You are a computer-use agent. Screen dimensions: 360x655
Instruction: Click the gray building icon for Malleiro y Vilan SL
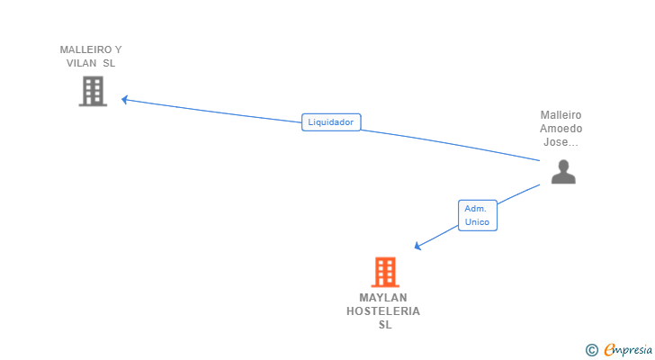pyautogui.click(x=93, y=91)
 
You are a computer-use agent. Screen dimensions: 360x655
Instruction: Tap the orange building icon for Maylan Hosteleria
pyautogui.click(x=384, y=271)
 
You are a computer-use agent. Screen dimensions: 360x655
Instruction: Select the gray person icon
pyautogui.click(x=563, y=171)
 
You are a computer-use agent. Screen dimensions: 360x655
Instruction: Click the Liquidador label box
pyautogui.click(x=330, y=122)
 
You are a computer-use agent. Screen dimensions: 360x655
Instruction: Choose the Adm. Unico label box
pyautogui.click(x=477, y=215)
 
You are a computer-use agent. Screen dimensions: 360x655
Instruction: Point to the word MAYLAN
pyautogui.click(x=383, y=298)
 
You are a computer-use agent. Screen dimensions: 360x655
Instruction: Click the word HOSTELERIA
pyautogui.click(x=383, y=311)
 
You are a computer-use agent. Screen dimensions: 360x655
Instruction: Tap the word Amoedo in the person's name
pyautogui.click(x=561, y=129)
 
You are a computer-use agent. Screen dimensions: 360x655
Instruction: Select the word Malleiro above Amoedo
pyautogui.click(x=561, y=115)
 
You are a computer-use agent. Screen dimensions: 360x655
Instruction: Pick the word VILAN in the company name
pyautogui.click(x=82, y=63)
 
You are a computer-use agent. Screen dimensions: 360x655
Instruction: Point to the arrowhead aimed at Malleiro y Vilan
pyautogui.click(x=125, y=99)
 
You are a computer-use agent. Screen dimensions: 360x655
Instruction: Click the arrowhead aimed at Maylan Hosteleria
pyautogui.click(x=417, y=247)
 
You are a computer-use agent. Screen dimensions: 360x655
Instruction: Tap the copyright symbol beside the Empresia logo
pyautogui.click(x=591, y=350)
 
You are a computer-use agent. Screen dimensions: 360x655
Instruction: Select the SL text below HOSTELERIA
pyautogui.click(x=384, y=325)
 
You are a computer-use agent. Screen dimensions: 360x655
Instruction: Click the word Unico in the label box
pyautogui.click(x=477, y=221)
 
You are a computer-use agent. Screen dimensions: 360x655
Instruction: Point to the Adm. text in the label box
pyautogui.click(x=475, y=209)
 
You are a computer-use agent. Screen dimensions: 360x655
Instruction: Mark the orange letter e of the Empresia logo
pyautogui.click(x=609, y=350)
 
